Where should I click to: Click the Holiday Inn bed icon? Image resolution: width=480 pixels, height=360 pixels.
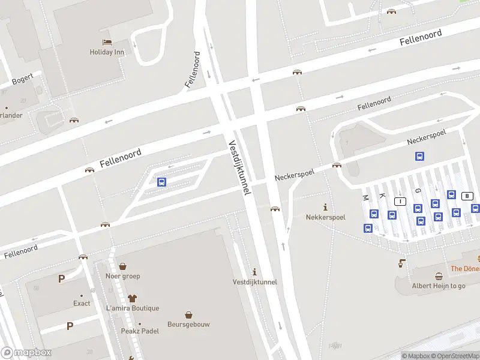point(107,41)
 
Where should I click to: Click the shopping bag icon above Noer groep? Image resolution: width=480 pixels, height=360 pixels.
point(122,266)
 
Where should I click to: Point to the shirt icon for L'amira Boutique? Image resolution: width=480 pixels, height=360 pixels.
point(132,298)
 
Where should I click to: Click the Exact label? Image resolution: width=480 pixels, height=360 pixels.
point(82,303)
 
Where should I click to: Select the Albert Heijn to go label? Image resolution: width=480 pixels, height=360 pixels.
point(438,286)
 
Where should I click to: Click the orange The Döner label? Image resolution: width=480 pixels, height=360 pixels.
point(465,269)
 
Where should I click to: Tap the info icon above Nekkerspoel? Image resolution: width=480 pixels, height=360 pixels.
point(326,206)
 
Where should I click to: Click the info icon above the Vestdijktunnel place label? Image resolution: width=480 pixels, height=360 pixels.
point(254,272)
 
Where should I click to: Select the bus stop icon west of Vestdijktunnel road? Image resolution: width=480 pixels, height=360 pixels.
point(161,182)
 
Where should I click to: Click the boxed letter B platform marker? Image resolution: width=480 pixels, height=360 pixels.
point(468,196)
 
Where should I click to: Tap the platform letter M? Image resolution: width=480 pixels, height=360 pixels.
point(365,197)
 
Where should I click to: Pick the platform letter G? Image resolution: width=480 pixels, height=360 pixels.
point(418,190)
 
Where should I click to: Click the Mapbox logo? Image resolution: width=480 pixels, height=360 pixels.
point(26,352)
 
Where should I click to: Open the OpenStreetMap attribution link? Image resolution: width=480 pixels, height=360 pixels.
point(454,356)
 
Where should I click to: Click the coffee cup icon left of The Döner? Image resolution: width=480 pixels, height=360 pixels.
point(401,263)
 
